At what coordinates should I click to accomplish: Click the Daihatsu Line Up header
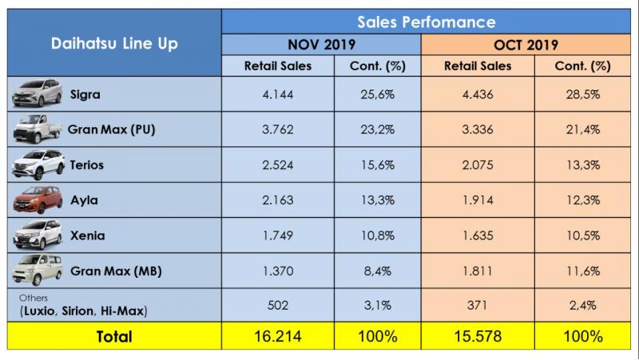[x=115, y=43]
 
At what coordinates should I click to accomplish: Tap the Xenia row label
[x=88, y=235]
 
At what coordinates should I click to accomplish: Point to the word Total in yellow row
[x=114, y=337]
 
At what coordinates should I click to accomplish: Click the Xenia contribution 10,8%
[x=369, y=235]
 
